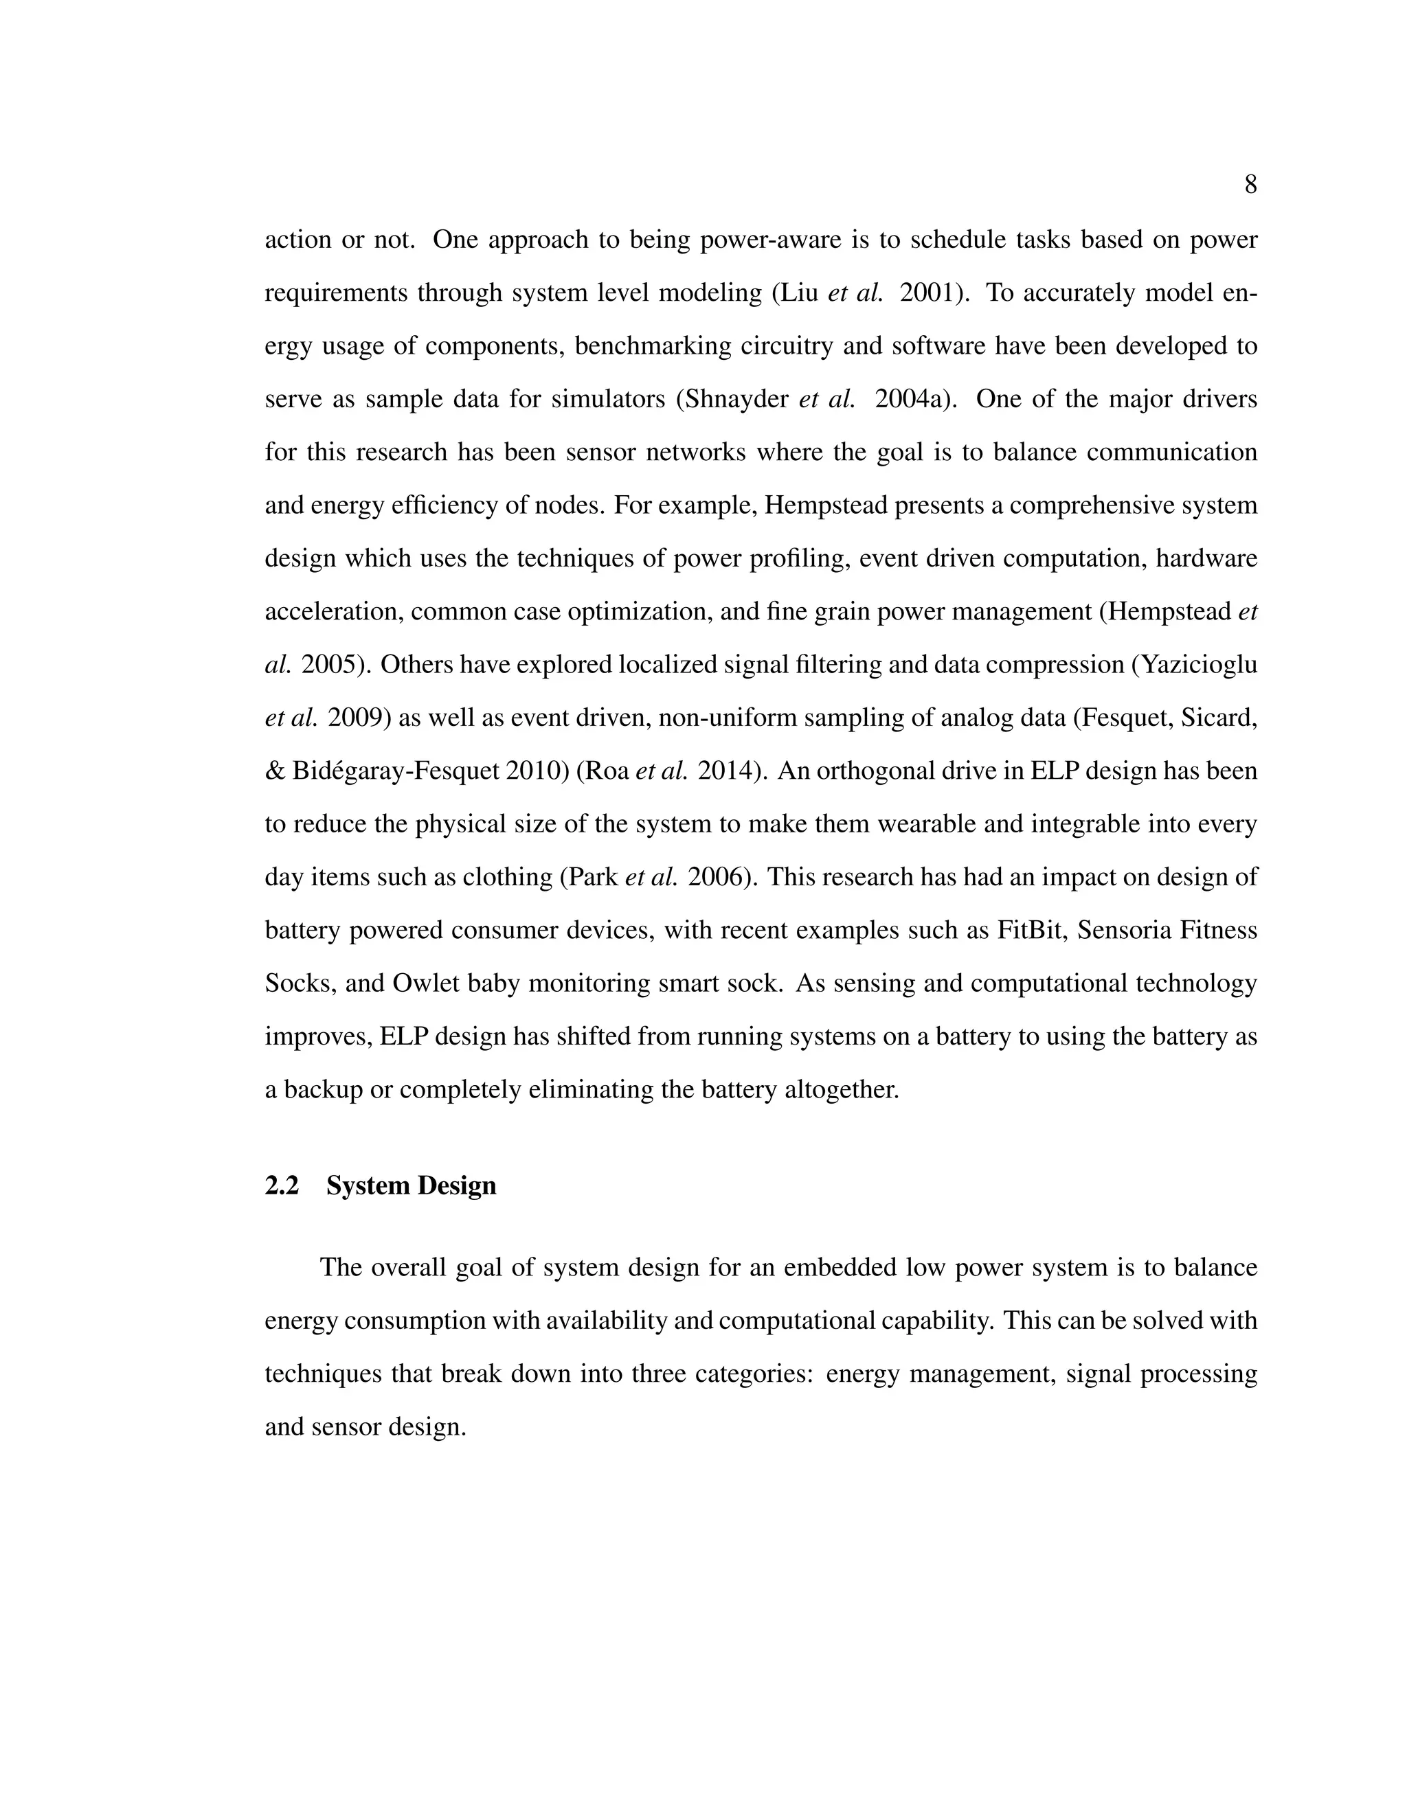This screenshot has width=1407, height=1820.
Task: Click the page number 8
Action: click(1250, 185)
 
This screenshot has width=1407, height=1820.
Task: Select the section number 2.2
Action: click(282, 1186)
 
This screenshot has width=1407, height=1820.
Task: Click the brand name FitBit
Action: click(1031, 930)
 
